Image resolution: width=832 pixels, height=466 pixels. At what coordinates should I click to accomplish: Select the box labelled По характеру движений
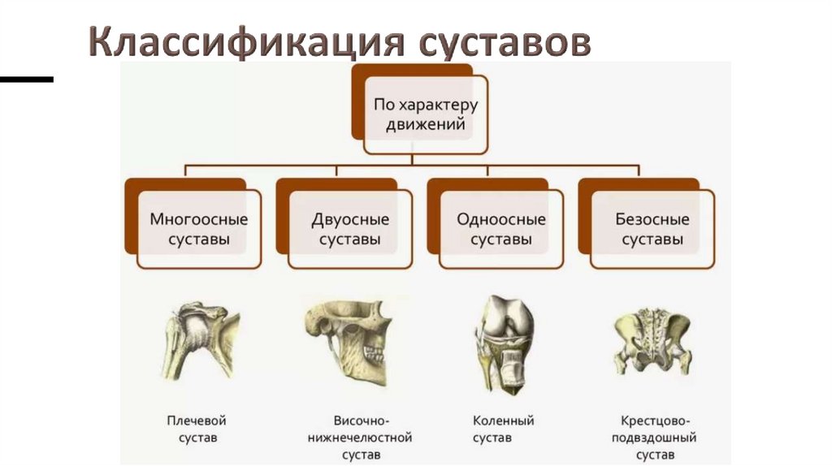click(425, 114)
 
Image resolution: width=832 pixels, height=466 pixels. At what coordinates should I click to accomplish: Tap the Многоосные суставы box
click(199, 230)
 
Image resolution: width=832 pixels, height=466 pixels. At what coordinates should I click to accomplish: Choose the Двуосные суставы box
click(350, 230)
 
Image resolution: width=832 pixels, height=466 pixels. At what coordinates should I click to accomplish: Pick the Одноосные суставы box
click(501, 230)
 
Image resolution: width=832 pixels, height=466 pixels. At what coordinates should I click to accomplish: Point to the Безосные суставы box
click(652, 230)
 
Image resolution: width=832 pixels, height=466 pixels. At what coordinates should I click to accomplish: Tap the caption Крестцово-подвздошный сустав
click(657, 438)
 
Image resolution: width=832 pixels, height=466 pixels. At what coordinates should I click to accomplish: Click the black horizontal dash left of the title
click(26, 80)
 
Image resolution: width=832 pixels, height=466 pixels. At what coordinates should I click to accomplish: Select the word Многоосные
click(199, 219)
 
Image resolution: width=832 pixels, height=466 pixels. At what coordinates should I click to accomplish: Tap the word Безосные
click(652, 219)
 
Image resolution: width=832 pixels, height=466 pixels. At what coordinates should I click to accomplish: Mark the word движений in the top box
click(425, 125)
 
